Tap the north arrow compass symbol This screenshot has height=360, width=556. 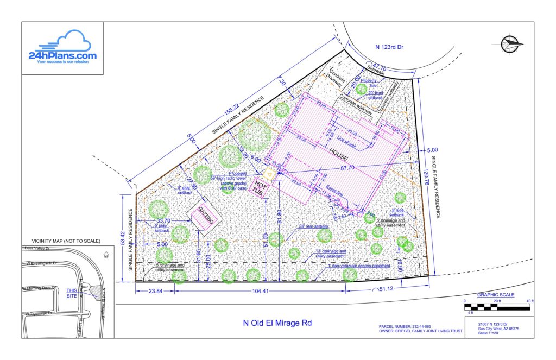click(510, 42)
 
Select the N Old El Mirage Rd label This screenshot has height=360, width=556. click(277, 323)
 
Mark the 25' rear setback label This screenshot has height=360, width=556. click(313, 226)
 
